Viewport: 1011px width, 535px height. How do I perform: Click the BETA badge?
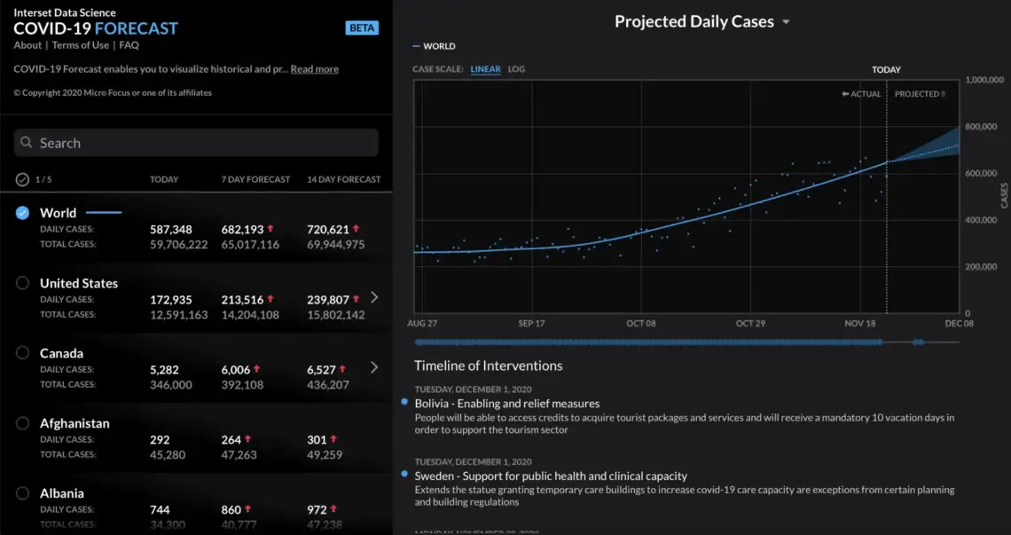(x=362, y=28)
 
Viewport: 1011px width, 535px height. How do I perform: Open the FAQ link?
(x=129, y=45)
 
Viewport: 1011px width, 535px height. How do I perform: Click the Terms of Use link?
(x=81, y=45)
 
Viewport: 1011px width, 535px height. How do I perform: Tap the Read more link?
(x=314, y=69)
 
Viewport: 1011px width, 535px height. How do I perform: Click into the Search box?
(x=196, y=143)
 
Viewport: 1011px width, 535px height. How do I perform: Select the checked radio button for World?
(x=23, y=213)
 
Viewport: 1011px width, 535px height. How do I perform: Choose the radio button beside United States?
(x=23, y=283)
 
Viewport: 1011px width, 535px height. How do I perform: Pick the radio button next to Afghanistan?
(x=23, y=423)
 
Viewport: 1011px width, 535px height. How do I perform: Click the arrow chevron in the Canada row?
(x=374, y=367)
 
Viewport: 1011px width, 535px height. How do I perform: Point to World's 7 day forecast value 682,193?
(x=242, y=230)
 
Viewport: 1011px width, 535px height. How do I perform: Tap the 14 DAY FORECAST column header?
(x=344, y=179)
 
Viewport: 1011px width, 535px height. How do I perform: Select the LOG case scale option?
(x=516, y=69)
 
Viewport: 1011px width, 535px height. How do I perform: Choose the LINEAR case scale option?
(x=485, y=69)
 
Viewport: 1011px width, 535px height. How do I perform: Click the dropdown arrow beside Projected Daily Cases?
(x=786, y=22)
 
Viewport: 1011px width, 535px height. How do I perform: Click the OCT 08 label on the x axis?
(x=640, y=324)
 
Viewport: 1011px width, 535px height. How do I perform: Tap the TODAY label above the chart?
(x=886, y=69)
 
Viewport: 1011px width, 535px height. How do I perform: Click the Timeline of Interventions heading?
(x=489, y=366)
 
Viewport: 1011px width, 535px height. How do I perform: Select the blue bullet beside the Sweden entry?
(x=404, y=475)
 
